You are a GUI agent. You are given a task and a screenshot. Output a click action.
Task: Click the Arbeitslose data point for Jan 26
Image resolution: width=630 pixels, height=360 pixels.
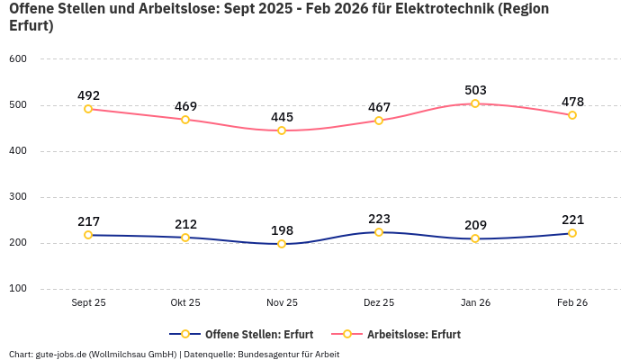coord(475,103)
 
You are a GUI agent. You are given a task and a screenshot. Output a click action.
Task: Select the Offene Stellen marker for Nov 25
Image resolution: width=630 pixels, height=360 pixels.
coord(282,244)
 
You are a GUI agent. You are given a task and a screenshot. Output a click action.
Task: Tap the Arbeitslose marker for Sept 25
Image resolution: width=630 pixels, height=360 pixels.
coord(88,109)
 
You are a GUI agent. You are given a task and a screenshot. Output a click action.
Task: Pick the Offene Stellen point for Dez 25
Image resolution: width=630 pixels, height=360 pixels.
coord(379,232)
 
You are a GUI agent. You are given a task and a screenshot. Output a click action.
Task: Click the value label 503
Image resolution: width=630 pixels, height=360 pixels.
coord(475,90)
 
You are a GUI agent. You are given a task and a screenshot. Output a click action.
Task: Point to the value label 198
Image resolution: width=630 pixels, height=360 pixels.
coord(282,230)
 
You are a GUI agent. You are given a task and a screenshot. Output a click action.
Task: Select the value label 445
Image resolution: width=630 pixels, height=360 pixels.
coord(282,117)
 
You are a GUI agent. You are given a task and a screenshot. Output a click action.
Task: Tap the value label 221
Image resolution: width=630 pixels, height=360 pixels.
coord(572,220)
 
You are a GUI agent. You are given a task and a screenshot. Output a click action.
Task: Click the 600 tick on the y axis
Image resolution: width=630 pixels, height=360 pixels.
coord(18,58)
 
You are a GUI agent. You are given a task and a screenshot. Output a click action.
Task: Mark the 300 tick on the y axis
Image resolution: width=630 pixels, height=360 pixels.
coord(18,197)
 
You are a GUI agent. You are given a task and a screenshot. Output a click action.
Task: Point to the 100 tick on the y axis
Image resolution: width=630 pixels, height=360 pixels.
coord(18,289)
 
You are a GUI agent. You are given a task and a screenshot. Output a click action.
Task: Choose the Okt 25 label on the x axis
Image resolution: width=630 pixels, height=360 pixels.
coord(185,303)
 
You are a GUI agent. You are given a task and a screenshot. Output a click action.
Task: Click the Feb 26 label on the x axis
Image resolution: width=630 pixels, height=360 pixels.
coord(572,303)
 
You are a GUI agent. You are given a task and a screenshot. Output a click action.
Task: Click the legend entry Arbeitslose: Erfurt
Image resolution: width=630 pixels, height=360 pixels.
coord(413,334)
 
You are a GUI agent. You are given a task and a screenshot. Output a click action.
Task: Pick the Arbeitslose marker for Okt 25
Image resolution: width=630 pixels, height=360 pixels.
coord(185,120)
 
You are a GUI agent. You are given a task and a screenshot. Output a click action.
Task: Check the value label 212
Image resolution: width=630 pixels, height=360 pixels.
coord(185,224)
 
